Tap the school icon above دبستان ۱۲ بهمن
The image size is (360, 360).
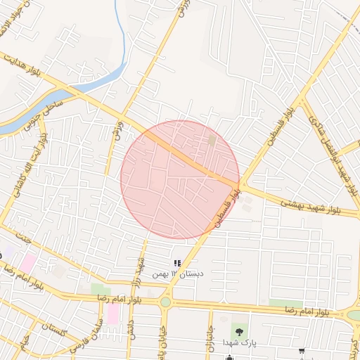(177, 264)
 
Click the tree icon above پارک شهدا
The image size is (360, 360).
(240, 330)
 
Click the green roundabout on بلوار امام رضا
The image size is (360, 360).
(165, 302)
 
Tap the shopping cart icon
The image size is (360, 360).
(302, 351)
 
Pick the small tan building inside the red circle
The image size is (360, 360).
(212, 141)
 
